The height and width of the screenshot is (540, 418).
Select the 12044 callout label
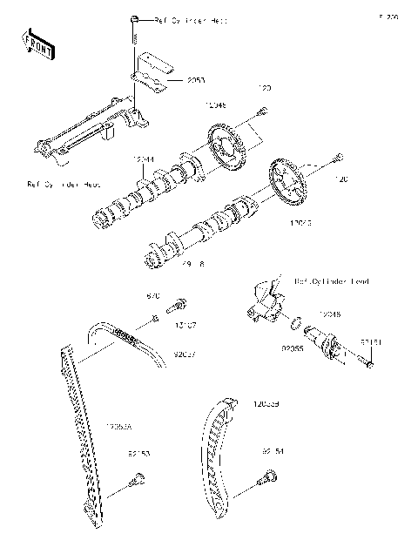pos(144,159)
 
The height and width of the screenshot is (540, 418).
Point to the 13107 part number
pos(184,324)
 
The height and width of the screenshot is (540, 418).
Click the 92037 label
pos(184,354)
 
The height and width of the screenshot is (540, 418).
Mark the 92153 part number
pos(138,454)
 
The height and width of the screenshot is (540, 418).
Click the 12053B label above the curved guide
pos(266,403)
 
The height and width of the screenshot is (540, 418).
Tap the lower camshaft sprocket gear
pos(287,182)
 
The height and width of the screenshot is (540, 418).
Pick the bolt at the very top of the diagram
pos(135,18)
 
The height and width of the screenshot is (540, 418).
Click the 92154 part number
pos(273,452)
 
